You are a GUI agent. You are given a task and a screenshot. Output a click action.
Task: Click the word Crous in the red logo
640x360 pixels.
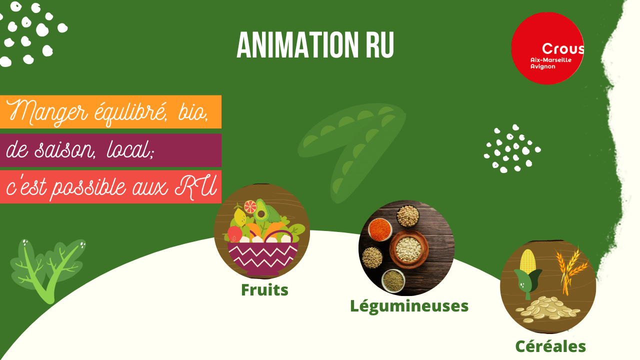coord(562,48)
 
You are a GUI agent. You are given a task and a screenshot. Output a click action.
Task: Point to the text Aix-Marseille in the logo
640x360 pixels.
coord(551,60)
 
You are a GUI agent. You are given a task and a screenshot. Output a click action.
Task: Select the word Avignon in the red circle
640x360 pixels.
coord(543,66)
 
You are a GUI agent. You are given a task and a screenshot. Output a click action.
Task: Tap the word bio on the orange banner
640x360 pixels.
coord(192,113)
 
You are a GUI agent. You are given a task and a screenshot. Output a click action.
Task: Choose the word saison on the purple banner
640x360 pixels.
coord(64,149)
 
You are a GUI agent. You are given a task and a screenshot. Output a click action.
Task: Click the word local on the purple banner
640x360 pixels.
coord(130,149)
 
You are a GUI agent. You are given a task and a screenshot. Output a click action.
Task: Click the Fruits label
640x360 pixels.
coord(264,290)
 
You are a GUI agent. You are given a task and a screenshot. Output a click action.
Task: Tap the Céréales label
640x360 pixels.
coord(550,346)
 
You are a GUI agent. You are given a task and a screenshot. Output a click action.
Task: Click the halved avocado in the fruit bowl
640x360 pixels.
coord(261,211)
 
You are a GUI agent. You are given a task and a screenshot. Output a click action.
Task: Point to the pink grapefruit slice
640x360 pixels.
coord(250,206)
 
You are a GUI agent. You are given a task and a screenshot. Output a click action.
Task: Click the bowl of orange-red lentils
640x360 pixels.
coord(380,229)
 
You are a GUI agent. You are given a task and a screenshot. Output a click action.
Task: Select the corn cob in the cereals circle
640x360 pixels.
coord(527,261)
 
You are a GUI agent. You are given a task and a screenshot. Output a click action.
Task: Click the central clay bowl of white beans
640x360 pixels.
coord(408,249)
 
